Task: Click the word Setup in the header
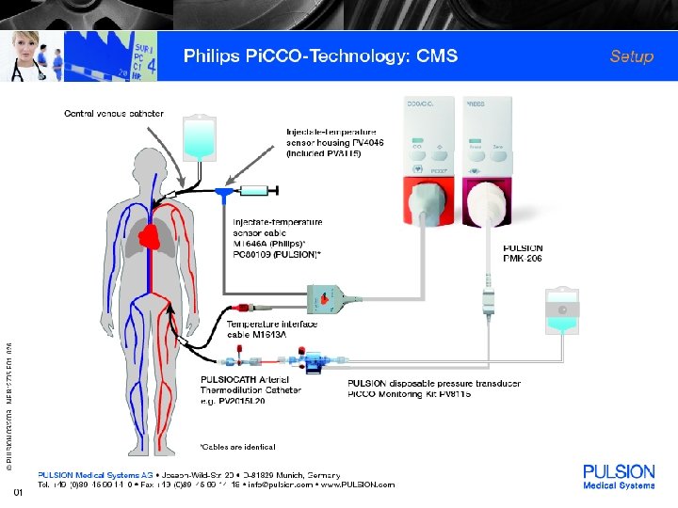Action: (631, 56)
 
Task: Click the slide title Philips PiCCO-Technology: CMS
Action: (320, 56)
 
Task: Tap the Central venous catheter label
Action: (113, 114)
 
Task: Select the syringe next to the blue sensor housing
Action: (256, 191)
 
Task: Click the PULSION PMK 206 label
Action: (524, 253)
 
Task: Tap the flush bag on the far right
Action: (561, 310)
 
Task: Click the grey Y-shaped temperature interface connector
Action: (331, 298)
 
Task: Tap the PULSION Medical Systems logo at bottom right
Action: (619, 477)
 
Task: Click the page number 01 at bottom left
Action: (17, 492)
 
